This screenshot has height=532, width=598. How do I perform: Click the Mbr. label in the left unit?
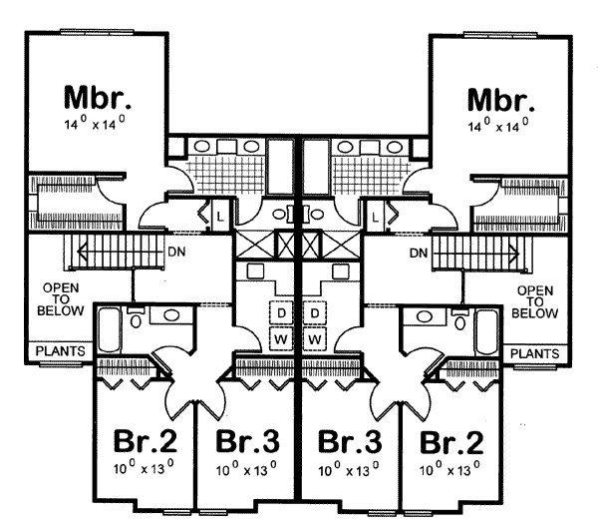(99, 98)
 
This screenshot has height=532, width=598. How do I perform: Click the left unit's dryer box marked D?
(282, 313)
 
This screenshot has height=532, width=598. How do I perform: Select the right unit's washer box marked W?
(316, 339)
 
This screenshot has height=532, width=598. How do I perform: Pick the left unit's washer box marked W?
(282, 339)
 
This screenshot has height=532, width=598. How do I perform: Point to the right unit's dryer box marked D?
(316, 313)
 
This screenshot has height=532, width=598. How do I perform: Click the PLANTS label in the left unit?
(60, 352)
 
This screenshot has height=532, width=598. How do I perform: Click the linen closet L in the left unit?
(218, 215)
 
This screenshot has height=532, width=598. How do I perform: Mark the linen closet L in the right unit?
(377, 215)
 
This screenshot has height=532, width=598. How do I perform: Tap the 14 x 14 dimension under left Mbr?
(99, 125)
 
